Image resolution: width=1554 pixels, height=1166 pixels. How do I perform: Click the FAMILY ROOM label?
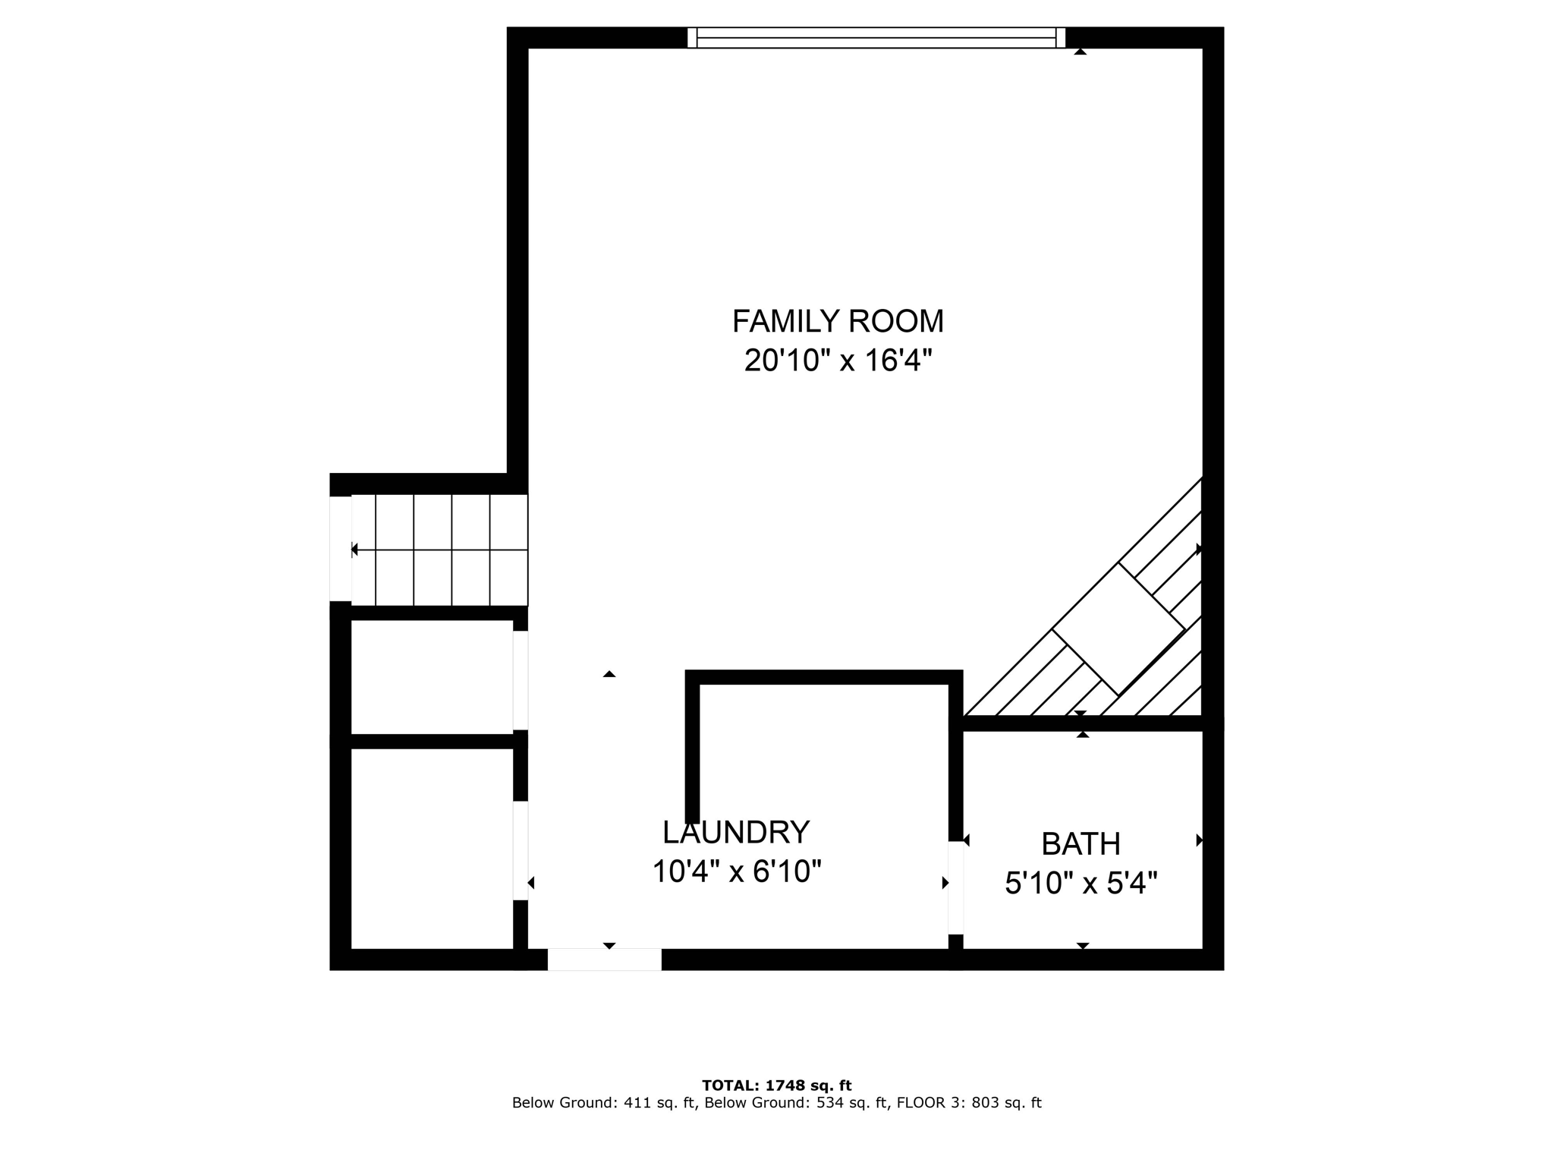(x=838, y=321)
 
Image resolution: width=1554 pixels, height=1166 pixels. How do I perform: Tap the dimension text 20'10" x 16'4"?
(x=838, y=361)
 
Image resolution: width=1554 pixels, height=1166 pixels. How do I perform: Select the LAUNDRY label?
(x=736, y=833)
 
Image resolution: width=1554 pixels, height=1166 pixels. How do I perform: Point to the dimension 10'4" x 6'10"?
(x=737, y=872)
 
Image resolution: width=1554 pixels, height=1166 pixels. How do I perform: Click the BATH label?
(x=1081, y=844)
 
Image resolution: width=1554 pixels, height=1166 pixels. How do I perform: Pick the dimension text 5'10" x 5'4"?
(x=1081, y=884)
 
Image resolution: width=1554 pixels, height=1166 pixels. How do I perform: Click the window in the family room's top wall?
(x=876, y=38)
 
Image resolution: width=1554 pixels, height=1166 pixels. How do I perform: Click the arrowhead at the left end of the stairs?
(x=354, y=550)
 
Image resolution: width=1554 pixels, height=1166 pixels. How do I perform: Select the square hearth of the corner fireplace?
(x=1118, y=629)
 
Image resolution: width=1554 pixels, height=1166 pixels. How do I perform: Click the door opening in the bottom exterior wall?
(x=604, y=960)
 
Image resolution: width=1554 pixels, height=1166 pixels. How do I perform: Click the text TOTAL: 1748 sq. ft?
(x=776, y=1086)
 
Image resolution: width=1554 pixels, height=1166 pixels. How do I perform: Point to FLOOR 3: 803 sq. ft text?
(x=969, y=1103)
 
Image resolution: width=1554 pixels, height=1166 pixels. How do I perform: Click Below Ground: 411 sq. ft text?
(x=604, y=1103)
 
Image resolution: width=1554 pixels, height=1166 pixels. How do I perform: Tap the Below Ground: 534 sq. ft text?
(x=796, y=1103)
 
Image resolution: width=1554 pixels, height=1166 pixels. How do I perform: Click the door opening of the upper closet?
(x=521, y=680)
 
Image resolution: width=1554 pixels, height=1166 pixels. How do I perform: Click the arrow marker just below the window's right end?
(x=1080, y=52)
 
